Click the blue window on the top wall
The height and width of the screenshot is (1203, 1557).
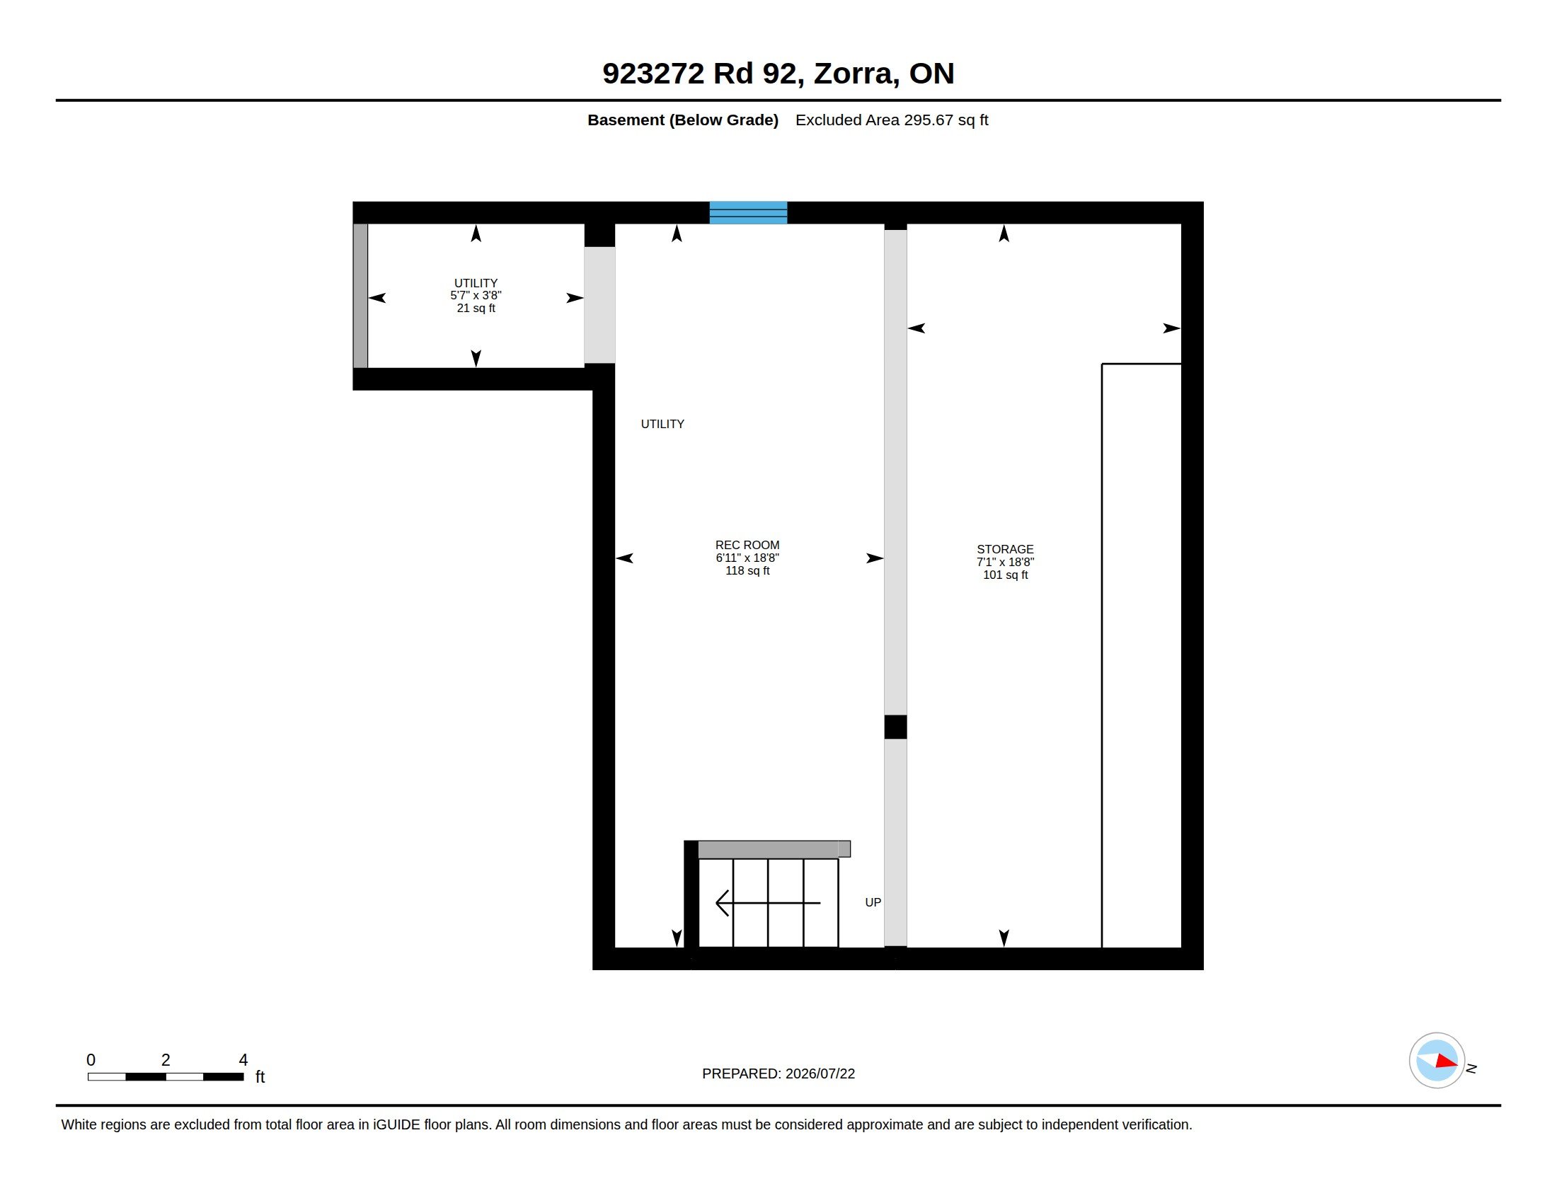[x=748, y=212]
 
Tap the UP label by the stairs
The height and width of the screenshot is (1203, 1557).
[x=873, y=902]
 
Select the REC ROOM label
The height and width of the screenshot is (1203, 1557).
[x=747, y=545]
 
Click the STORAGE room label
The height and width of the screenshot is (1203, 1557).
[x=1005, y=549]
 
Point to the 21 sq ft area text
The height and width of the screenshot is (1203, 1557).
[x=476, y=309]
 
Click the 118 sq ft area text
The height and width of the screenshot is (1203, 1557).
[x=747, y=571]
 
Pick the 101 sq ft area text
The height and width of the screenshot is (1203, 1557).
[x=1005, y=575]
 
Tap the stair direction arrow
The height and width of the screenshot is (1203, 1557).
[x=768, y=903]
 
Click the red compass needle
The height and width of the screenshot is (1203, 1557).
[x=1447, y=1061]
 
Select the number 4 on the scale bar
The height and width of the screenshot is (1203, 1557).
[x=243, y=1060]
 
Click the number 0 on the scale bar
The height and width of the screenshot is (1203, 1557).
[x=91, y=1060]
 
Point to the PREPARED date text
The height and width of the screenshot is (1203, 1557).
[x=778, y=1074]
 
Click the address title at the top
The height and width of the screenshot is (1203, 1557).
[x=778, y=74]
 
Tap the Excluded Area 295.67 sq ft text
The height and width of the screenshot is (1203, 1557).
[x=892, y=120]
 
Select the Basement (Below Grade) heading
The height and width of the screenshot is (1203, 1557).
[x=683, y=120]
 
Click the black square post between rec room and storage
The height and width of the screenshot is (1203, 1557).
[x=895, y=727]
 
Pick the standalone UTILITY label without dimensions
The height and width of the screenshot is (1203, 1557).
[x=662, y=424]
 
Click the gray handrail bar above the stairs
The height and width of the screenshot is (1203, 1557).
[x=774, y=848]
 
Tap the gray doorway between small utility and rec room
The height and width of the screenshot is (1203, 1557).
[x=599, y=305]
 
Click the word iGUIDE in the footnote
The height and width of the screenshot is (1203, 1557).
[x=396, y=1124]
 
